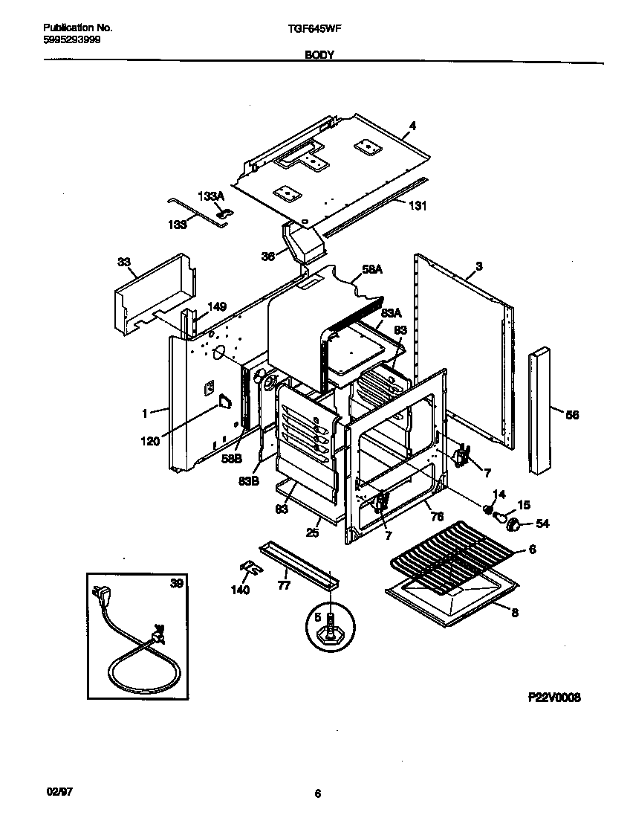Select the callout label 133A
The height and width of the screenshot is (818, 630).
[x=210, y=196]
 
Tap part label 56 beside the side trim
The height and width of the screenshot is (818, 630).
[x=572, y=415]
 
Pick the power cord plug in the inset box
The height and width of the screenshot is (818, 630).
[x=100, y=596]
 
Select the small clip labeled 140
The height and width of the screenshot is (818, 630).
[x=250, y=569]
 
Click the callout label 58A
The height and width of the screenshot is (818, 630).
[x=373, y=272]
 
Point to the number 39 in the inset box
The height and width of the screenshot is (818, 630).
[x=176, y=584]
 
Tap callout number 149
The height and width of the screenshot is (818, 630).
[x=217, y=306]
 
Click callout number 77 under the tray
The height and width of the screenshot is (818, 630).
[x=282, y=585]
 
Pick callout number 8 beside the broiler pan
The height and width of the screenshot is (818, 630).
[x=514, y=613]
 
